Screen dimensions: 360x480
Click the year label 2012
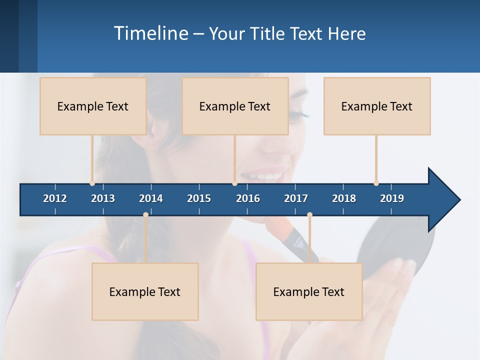(x=55, y=198)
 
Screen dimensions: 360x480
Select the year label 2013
(x=103, y=198)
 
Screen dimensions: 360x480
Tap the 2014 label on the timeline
(x=151, y=198)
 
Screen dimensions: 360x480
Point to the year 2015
(x=199, y=198)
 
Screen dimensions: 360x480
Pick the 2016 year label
(x=248, y=198)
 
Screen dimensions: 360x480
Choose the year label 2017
(x=296, y=198)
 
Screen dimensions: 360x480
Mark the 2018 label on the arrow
(x=344, y=198)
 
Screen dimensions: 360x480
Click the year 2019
(x=392, y=198)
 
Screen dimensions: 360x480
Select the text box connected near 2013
(x=93, y=106)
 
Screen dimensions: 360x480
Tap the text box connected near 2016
(x=235, y=106)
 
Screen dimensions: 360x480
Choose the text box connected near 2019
(x=377, y=106)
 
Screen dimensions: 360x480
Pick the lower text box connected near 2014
(x=145, y=291)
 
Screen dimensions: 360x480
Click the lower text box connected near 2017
(x=309, y=291)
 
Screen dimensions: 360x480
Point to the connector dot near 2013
(x=92, y=183)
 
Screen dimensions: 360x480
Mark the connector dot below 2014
(x=145, y=215)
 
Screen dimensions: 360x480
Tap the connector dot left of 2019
(x=376, y=183)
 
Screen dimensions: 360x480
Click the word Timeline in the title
(x=150, y=33)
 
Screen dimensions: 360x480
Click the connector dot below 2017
(x=309, y=215)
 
